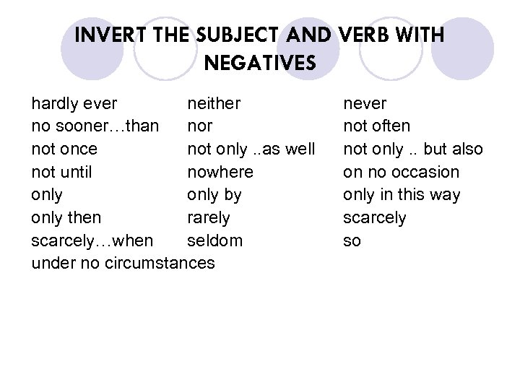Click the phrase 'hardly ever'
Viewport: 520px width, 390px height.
point(74,103)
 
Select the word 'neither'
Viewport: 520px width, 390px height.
point(214,103)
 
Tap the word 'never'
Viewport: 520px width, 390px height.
point(365,103)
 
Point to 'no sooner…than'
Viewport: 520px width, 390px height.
point(95,126)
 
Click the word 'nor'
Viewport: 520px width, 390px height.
point(200,126)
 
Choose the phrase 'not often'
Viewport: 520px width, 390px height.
point(376,126)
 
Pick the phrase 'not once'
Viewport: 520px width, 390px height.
point(64,149)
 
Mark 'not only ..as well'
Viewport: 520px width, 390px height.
point(251,149)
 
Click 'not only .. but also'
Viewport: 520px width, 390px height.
point(413,149)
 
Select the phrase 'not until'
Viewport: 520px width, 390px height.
point(62,173)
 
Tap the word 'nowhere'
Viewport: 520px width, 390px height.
point(220,173)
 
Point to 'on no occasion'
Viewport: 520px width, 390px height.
point(401,173)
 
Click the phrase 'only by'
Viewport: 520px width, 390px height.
point(214,195)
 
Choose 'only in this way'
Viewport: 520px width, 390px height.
point(402,195)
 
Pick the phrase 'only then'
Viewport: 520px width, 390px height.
point(66,218)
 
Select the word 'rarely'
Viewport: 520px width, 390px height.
point(209,218)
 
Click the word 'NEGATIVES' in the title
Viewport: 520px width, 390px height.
point(260,63)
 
